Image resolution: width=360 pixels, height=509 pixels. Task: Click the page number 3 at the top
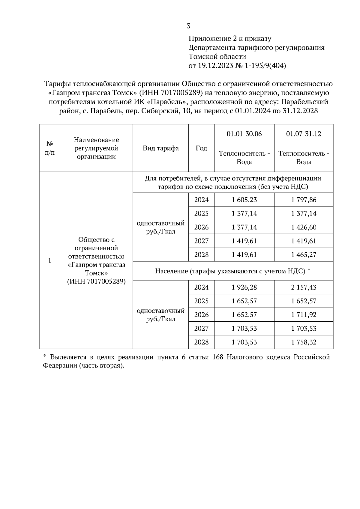[188, 26]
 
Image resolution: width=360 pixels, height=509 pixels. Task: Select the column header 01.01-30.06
[244, 134]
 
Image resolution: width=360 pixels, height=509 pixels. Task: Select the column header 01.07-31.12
[303, 134]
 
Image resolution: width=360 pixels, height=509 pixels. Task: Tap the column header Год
[201, 148]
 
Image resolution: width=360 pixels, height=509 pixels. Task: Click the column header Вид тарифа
[160, 148]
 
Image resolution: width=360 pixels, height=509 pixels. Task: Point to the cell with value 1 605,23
[244, 200]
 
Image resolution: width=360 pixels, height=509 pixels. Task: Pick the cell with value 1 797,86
[303, 200]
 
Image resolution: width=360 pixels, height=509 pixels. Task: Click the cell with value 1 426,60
[303, 227]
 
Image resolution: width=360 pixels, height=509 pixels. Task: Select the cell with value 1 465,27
[303, 255]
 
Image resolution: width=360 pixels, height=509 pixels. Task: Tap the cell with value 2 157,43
[303, 287]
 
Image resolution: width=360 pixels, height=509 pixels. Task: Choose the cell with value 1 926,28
[244, 287]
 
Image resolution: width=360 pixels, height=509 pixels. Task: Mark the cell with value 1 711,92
[303, 315]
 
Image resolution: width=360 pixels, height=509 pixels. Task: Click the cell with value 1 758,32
[303, 342]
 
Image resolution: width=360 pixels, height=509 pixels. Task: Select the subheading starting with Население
[232, 271]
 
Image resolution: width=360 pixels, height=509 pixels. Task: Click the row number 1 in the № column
[49, 260]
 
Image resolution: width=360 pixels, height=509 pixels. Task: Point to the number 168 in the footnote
[218, 357]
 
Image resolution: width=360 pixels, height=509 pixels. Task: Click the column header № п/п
[49, 148]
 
